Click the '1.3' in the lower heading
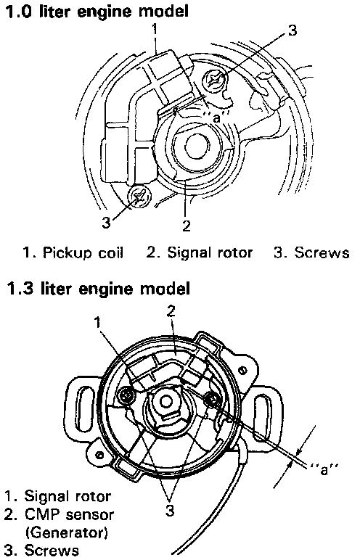20,288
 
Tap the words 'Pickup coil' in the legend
83,253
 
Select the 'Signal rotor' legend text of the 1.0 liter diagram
210,253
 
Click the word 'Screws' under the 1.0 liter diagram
322,252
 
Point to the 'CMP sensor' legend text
70,514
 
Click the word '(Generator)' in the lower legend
67,533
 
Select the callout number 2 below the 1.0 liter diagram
187,226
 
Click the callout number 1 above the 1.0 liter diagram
155,30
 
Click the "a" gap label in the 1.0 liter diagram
216,118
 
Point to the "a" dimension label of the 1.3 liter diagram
323,469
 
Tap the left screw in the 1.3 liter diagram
126,395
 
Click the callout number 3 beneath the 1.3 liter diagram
170,511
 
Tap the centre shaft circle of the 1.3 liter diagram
165,401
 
